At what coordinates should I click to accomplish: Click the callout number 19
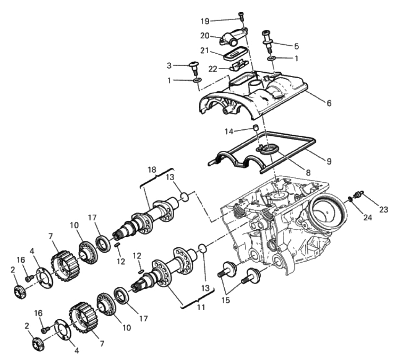(205, 21)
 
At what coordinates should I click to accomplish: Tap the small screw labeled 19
(241, 16)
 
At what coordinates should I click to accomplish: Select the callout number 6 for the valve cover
(329, 103)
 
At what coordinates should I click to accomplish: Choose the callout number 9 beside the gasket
(329, 161)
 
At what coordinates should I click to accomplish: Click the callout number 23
(384, 209)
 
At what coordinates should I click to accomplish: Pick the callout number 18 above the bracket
(152, 169)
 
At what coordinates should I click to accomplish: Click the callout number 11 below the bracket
(201, 307)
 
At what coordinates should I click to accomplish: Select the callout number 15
(225, 300)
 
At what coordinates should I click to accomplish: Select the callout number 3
(169, 66)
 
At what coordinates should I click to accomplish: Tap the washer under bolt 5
(272, 59)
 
